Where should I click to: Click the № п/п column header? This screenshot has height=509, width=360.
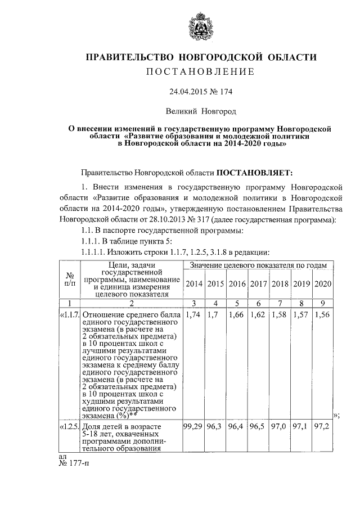(71, 279)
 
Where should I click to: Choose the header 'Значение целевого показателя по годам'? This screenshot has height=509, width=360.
(258, 265)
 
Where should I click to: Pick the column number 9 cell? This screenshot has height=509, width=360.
(323, 303)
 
